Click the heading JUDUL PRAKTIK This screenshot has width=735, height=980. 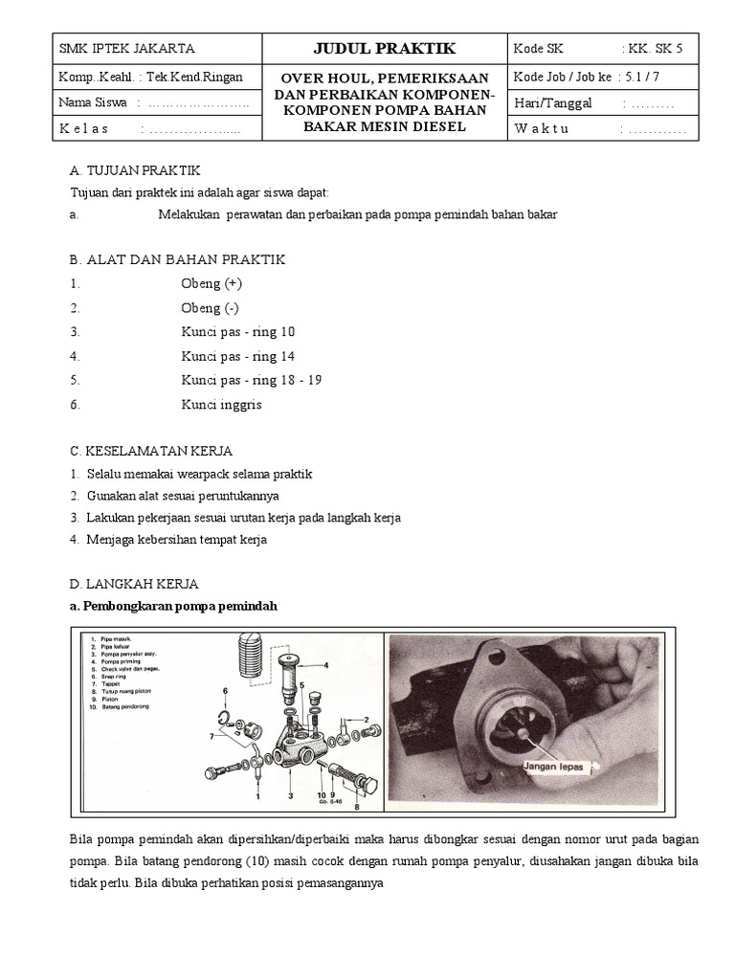click(380, 49)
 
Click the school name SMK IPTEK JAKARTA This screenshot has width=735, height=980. click(126, 49)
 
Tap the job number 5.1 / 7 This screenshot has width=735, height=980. click(650, 76)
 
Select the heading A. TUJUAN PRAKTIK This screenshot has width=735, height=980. click(135, 170)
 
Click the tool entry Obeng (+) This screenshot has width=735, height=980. click(212, 283)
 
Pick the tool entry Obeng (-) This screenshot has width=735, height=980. click(210, 308)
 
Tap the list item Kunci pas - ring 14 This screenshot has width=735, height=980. click(238, 356)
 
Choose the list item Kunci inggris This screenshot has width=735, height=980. click(221, 405)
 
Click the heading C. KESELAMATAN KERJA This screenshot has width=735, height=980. click(151, 451)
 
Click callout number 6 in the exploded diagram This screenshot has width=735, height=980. click(226, 689)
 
